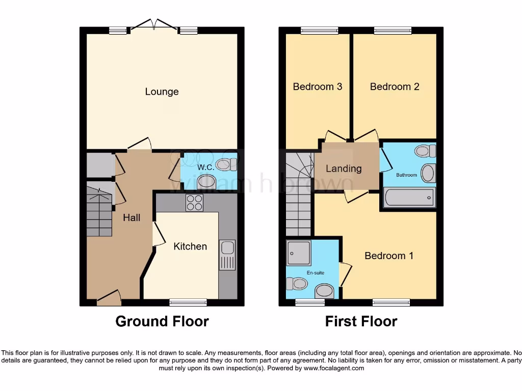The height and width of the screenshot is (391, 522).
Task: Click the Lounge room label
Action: click(162, 92)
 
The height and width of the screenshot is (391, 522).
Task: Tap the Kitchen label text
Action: click(190, 246)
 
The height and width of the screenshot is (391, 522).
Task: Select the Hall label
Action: click(132, 217)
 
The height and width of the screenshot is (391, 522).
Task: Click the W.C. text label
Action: click(205, 166)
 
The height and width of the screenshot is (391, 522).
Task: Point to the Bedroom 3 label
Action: click(317, 87)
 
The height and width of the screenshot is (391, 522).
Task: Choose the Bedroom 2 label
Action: click(395, 87)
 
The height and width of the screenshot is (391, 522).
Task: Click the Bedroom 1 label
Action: click(389, 256)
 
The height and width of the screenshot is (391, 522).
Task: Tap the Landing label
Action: click(344, 169)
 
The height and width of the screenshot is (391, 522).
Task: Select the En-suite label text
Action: click(315, 273)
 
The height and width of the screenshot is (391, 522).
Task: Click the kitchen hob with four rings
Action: click(194, 203)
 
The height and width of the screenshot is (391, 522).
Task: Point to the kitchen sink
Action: click(227, 254)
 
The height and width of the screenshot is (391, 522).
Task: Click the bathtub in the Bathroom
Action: click(409, 197)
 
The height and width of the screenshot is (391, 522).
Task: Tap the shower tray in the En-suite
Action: click(299, 253)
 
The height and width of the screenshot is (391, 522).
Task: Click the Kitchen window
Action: click(188, 302)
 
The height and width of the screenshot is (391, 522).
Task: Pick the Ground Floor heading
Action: click(162, 322)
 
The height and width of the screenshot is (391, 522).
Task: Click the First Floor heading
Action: click(361, 322)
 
